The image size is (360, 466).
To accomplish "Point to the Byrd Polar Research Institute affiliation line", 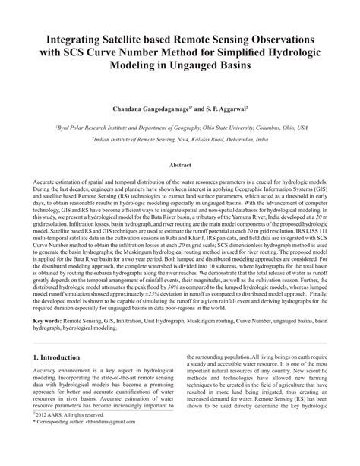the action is pos(180,128).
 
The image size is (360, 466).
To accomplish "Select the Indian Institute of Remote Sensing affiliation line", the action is pos(180,140).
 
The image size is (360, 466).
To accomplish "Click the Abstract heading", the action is pos(179,165).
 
